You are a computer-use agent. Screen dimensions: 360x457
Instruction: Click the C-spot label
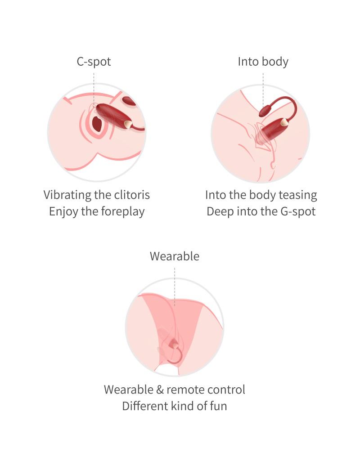point(94,62)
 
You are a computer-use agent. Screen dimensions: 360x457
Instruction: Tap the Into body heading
point(263,62)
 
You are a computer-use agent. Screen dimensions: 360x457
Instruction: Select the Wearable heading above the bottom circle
point(175,256)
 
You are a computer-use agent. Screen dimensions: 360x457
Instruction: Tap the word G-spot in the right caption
point(298,211)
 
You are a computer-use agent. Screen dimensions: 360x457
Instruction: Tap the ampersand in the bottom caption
point(160,390)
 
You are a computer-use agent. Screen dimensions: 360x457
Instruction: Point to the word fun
point(218,406)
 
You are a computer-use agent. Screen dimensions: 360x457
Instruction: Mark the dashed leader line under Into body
point(263,90)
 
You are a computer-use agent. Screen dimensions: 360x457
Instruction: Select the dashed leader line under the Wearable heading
point(175,287)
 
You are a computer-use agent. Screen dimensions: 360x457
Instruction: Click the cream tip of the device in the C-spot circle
point(128,125)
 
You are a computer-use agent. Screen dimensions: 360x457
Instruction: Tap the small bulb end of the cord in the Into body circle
point(265,111)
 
